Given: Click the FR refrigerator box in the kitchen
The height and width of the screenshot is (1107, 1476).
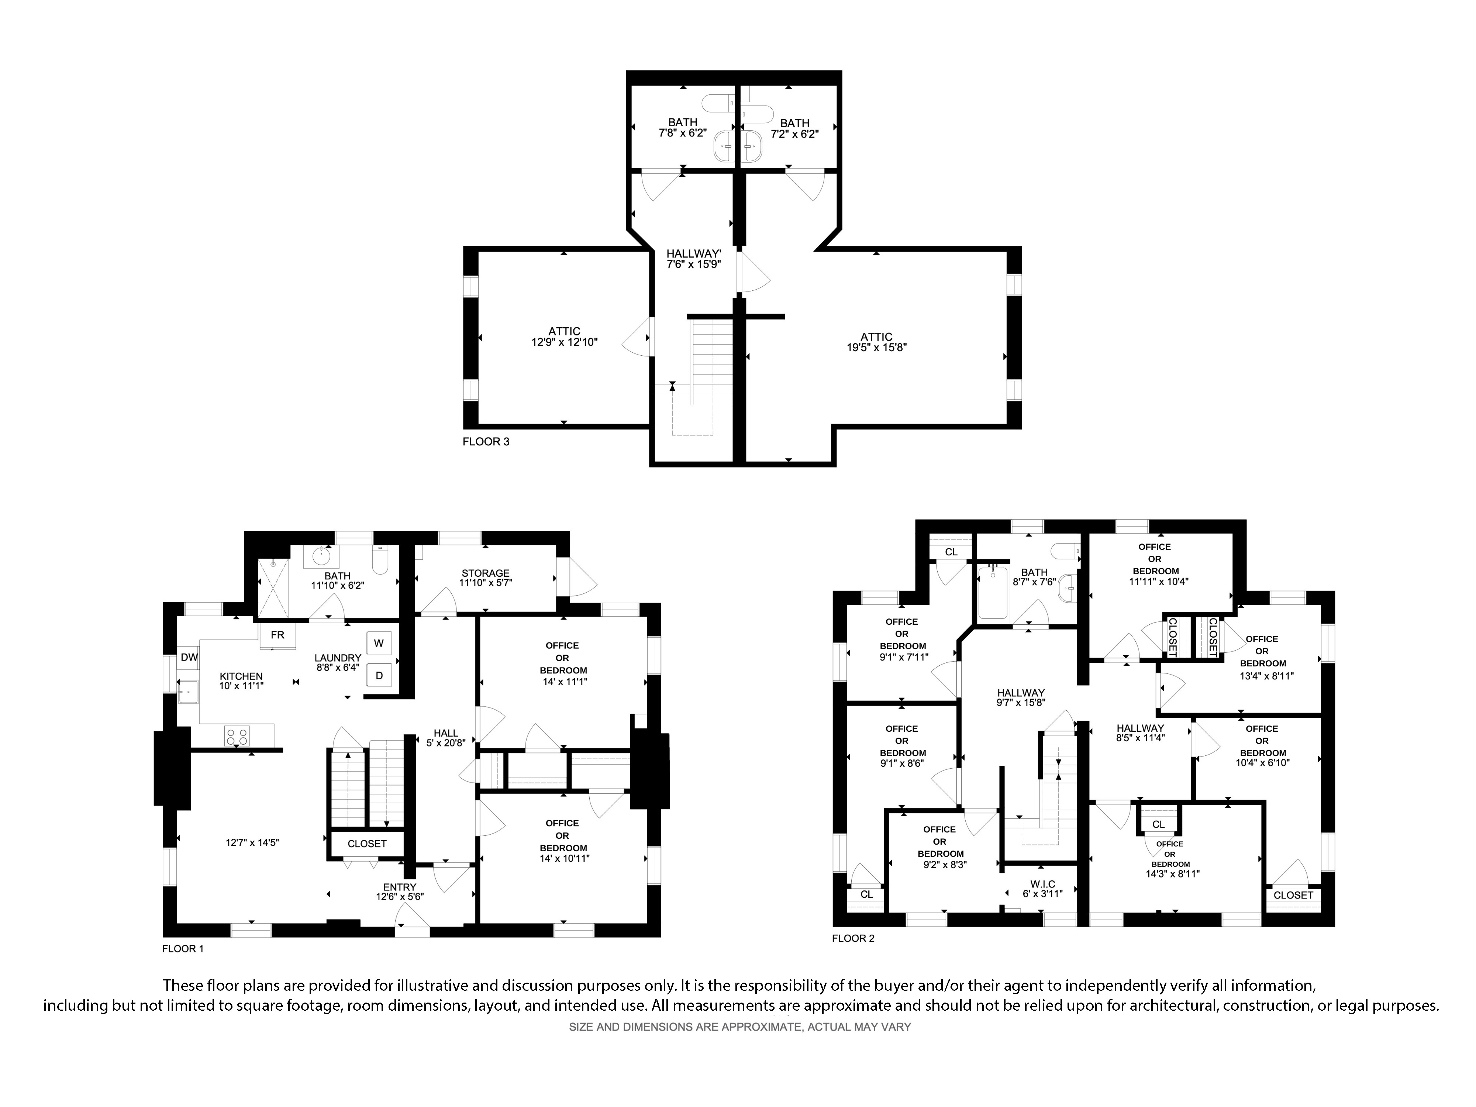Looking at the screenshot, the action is pos(277,635).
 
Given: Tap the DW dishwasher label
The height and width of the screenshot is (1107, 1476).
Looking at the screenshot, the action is pos(190,657).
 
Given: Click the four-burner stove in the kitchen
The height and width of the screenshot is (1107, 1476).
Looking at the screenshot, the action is pos(237,736).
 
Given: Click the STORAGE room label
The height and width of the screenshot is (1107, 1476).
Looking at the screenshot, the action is pos(485,573).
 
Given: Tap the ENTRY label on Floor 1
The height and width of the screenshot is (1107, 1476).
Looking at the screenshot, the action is pos(400,887).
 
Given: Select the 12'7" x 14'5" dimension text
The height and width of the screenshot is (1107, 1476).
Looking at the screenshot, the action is pos(252,843).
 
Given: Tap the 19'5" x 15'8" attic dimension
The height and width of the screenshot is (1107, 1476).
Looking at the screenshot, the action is pos(877,348).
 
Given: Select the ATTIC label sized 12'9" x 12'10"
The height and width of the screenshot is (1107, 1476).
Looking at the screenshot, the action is pos(565,331).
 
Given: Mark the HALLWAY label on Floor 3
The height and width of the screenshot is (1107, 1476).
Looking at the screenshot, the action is pos(694,254).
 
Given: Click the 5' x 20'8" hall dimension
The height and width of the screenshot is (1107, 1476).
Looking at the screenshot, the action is pos(446,743).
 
